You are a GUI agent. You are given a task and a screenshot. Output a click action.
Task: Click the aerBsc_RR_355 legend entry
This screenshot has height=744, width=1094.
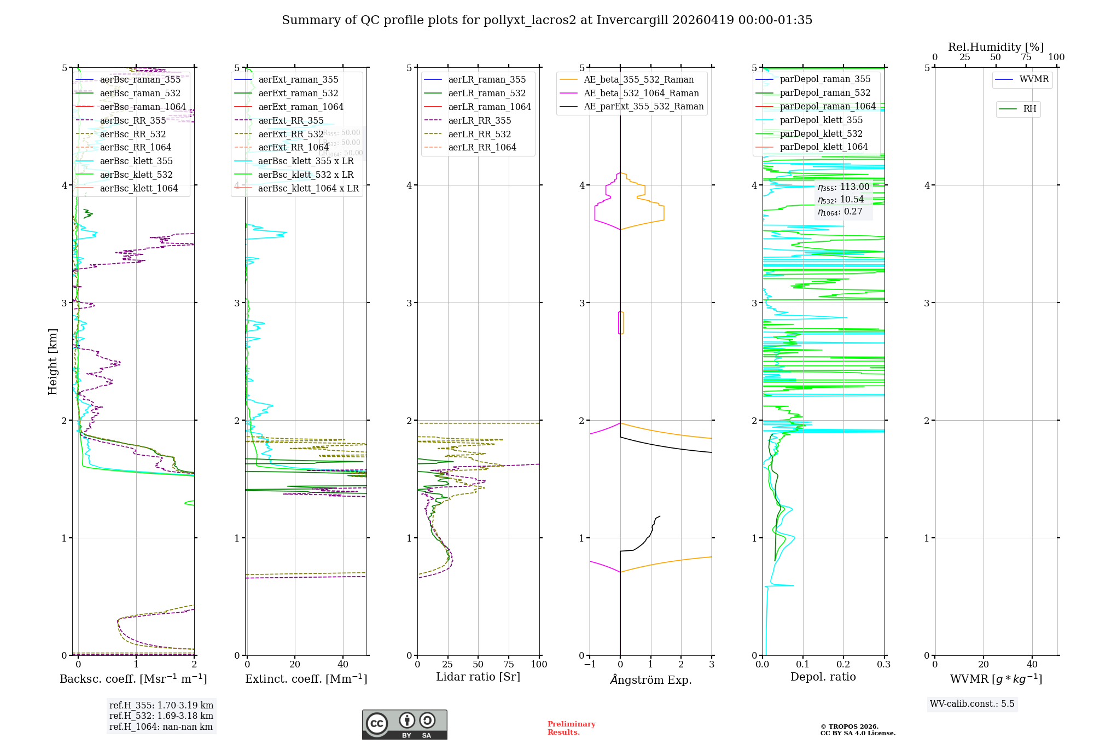tap(132, 120)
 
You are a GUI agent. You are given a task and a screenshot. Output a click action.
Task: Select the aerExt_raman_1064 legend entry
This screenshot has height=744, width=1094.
tap(301, 107)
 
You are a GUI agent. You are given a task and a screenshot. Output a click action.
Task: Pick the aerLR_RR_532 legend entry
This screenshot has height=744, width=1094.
tap(479, 134)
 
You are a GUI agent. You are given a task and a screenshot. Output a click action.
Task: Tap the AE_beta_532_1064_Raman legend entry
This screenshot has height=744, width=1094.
tap(641, 93)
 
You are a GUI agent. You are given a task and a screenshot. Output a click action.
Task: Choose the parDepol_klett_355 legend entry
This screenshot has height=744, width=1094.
tap(821, 120)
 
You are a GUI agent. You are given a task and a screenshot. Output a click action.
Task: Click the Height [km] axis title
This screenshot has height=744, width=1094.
tap(53, 361)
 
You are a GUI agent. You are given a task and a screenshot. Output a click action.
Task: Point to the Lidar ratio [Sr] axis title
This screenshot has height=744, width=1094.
tap(478, 677)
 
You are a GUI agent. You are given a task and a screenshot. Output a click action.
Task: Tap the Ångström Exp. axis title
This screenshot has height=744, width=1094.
tap(650, 679)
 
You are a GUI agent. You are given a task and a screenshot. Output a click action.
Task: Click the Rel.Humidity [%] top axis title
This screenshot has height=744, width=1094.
tap(996, 47)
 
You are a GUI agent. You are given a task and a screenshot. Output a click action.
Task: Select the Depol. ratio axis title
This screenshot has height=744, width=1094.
tap(823, 677)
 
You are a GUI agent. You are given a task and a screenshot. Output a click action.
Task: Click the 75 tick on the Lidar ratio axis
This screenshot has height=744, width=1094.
tap(509, 664)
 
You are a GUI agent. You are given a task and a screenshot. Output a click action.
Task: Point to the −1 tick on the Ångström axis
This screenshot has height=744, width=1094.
tap(589, 664)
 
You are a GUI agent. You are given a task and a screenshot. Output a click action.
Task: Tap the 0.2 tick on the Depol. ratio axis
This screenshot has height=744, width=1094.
tap(843, 664)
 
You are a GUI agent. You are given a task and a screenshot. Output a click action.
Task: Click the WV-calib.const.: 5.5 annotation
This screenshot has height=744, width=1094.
tap(972, 704)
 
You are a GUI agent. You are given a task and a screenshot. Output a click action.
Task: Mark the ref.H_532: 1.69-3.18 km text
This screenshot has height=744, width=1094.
tap(161, 716)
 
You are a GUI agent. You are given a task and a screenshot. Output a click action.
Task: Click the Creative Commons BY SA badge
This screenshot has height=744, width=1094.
tap(404, 724)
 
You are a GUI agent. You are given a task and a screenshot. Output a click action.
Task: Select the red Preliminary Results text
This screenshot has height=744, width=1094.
tap(571, 728)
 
